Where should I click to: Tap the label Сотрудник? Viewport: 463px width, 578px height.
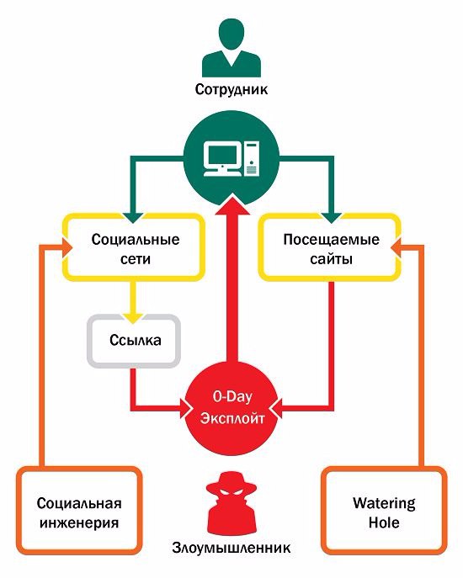[231, 89]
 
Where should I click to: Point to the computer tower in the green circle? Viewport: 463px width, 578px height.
[252, 158]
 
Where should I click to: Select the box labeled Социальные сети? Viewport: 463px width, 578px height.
[135, 247]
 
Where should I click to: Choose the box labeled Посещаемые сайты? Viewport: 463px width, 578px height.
[330, 247]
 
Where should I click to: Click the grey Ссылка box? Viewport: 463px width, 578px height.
[134, 341]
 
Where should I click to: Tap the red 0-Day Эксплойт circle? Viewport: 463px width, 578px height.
[232, 408]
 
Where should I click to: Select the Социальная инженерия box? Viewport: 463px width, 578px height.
[79, 512]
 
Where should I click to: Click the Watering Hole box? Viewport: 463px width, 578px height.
[384, 512]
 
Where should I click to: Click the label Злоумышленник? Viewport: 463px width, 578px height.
[231, 548]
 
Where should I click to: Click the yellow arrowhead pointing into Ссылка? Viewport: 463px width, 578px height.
[134, 318]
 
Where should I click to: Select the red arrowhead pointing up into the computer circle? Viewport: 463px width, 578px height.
[231, 205]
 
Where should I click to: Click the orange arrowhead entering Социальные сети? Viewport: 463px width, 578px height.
[67, 247]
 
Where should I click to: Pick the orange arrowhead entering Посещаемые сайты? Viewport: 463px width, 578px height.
[397, 247]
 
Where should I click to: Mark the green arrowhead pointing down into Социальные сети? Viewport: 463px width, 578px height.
[134, 218]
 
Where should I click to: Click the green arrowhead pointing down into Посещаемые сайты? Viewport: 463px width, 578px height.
[332, 218]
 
